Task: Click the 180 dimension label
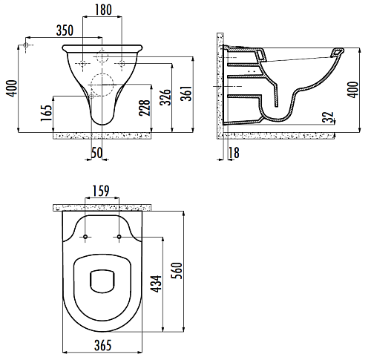(x=103, y=10)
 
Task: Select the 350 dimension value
(x=65, y=30)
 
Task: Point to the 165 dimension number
(x=47, y=113)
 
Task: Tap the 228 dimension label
(x=145, y=108)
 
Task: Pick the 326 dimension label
(x=165, y=97)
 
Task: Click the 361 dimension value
(x=186, y=94)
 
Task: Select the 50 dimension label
(x=96, y=153)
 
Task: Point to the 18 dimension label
(x=234, y=153)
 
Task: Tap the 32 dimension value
(x=328, y=117)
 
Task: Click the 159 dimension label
(x=101, y=191)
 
